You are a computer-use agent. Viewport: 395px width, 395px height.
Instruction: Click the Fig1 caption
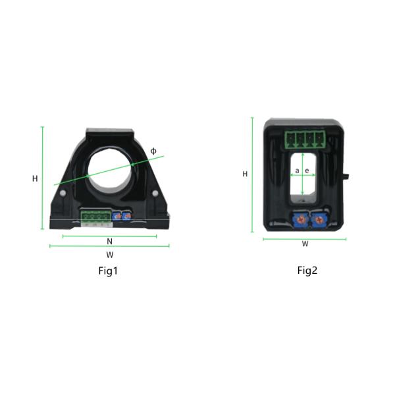[x=108, y=271]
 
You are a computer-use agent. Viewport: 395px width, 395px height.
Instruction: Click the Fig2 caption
[x=307, y=271]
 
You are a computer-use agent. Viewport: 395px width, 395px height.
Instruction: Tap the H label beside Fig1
[x=35, y=178]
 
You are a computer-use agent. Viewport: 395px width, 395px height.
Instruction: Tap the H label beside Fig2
[x=245, y=174]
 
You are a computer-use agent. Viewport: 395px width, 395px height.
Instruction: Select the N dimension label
[x=109, y=242]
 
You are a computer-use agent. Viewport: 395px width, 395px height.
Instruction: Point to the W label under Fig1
[x=110, y=255]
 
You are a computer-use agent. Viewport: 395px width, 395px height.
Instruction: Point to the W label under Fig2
[x=305, y=244]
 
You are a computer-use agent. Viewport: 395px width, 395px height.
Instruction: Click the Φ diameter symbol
[x=153, y=151]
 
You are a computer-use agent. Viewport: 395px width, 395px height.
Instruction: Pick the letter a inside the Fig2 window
[x=298, y=171]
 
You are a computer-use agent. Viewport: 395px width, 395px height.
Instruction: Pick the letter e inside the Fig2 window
[x=307, y=171]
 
